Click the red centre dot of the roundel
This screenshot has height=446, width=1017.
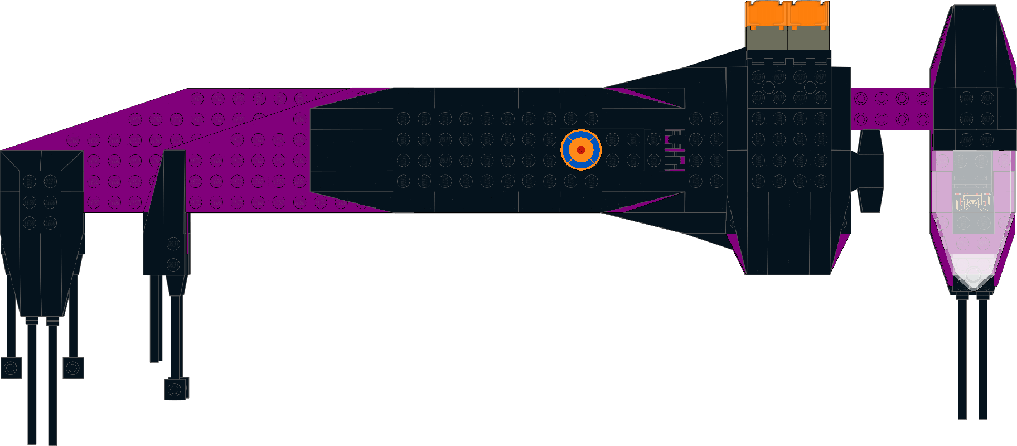[581, 150]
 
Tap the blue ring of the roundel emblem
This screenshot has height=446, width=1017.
[569, 150]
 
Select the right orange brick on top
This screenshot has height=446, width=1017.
[808, 14]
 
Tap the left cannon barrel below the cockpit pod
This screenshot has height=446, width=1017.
[962, 357]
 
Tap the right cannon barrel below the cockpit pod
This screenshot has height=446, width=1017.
[982, 357]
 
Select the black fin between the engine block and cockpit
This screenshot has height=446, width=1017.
[869, 170]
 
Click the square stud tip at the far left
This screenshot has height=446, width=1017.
[11, 368]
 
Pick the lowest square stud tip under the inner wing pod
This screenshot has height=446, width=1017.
[176, 389]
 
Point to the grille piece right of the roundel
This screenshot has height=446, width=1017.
[674, 151]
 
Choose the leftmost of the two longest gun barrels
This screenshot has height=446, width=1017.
[32, 385]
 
